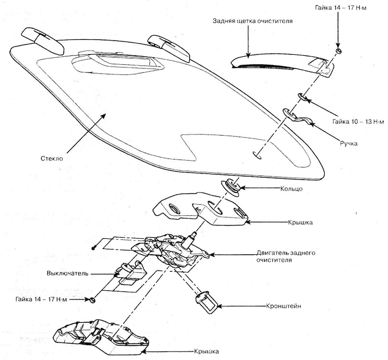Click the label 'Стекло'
(x=52, y=158)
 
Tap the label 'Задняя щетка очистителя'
(x=252, y=21)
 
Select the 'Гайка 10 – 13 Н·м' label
(x=358, y=122)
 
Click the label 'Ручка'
(x=349, y=144)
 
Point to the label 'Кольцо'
(x=291, y=189)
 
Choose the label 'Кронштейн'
(x=284, y=306)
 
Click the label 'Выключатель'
(x=68, y=273)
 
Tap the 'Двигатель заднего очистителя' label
(x=286, y=256)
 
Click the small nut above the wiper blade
(x=339, y=51)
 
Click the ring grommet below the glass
(x=230, y=187)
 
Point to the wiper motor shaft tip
(x=194, y=233)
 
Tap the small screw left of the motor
(x=94, y=247)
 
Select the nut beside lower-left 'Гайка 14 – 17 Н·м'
(x=92, y=300)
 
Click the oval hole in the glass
(x=257, y=155)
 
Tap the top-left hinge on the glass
(x=43, y=41)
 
